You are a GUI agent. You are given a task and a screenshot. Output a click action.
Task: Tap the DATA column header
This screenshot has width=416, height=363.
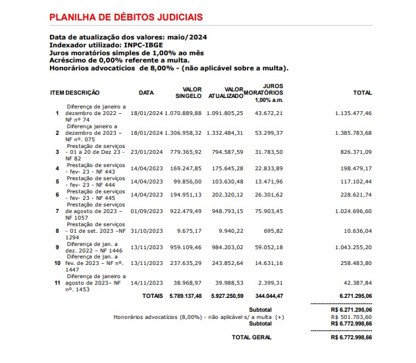[146, 93]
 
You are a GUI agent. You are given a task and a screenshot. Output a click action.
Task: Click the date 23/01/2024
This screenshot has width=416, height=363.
[146, 151]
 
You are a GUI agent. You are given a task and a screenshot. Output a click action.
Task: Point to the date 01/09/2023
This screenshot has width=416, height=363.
[146, 210]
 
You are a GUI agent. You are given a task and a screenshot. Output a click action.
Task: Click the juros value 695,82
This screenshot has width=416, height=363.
[272, 231]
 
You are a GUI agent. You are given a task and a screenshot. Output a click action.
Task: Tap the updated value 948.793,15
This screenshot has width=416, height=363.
[226, 210]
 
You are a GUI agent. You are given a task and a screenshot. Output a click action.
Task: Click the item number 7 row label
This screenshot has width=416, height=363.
[57, 210]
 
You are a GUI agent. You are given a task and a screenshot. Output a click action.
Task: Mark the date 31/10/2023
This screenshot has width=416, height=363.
[146, 231]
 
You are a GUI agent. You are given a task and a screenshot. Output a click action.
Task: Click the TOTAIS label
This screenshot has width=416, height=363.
[153, 296]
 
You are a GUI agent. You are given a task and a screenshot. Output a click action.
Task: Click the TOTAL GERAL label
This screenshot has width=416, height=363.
[251, 336]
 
